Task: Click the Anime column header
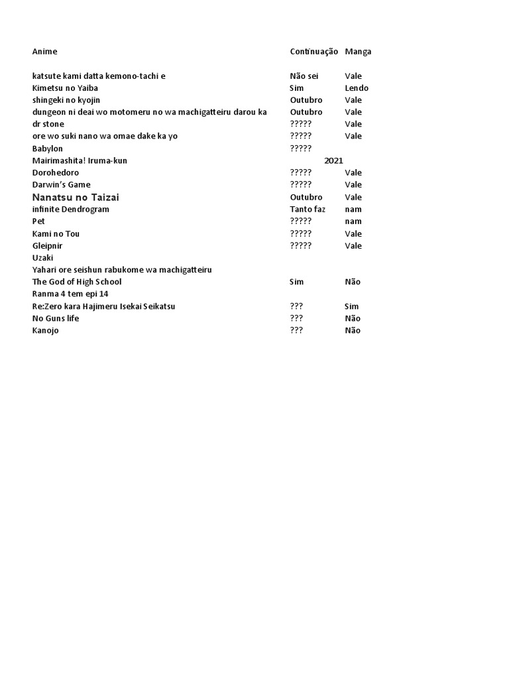tap(44, 52)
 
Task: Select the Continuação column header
tap(313, 52)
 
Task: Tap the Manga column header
tap(358, 52)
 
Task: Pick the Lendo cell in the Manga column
tap(357, 88)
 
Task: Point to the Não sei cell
tap(304, 76)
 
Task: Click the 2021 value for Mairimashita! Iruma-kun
tap(333, 160)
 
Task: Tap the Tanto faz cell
tap(308, 210)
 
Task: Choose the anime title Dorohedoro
tap(55, 173)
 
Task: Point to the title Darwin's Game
tap(61, 185)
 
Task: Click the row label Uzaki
tap(42, 258)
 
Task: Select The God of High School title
tap(76, 282)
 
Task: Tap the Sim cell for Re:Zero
tap(351, 306)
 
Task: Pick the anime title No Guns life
tap(55, 318)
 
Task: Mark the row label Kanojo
tap(45, 330)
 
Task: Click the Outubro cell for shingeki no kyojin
tap(306, 100)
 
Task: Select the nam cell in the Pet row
tap(353, 221)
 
